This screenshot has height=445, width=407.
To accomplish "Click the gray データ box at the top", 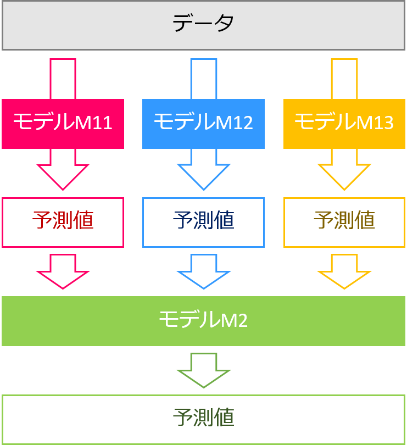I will click(x=203, y=25).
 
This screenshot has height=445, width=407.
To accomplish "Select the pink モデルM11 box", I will click(x=63, y=124).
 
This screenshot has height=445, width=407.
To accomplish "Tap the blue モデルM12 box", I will click(x=203, y=124).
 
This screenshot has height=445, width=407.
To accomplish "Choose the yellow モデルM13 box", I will click(x=344, y=124).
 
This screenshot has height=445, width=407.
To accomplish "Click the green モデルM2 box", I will click(x=203, y=321).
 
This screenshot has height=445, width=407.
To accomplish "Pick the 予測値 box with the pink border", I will click(x=63, y=222).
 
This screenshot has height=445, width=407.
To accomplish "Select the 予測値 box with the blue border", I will click(x=203, y=222).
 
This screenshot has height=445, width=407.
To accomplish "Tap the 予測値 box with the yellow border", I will click(x=344, y=222).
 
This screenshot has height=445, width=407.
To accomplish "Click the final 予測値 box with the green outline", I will click(x=203, y=419).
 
